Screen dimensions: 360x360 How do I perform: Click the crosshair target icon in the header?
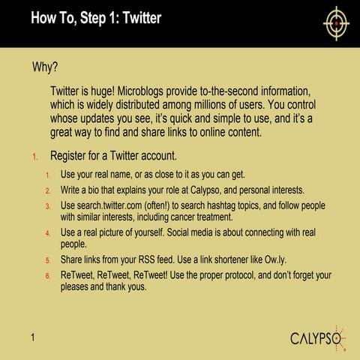(336, 22)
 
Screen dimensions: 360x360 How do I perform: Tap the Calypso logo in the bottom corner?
(319, 337)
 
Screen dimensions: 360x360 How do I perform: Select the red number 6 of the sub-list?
(47, 275)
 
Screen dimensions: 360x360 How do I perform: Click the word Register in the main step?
(72, 157)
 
